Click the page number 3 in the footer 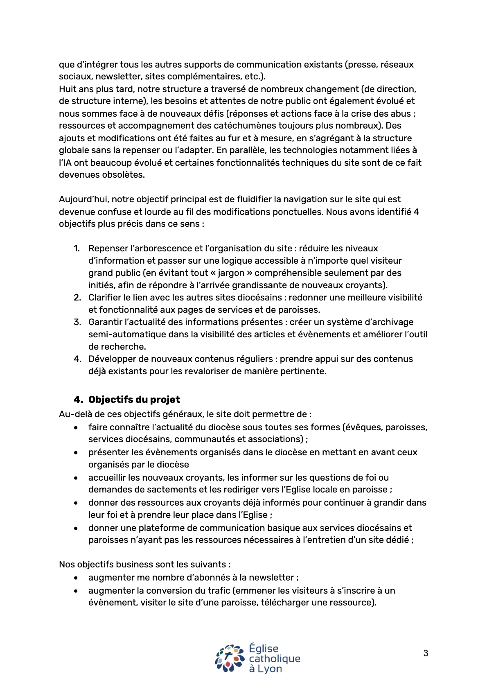pos(426,653)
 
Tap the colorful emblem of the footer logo pos(230,658)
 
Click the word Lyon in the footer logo pos(270,669)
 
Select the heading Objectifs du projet pos(134,400)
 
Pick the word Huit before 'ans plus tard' pos(68,89)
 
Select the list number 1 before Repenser pos(76,248)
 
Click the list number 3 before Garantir pos(77,322)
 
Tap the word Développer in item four pos(110,359)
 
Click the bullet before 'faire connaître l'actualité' pos(76,428)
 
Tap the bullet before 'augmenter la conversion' pos(76,591)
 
